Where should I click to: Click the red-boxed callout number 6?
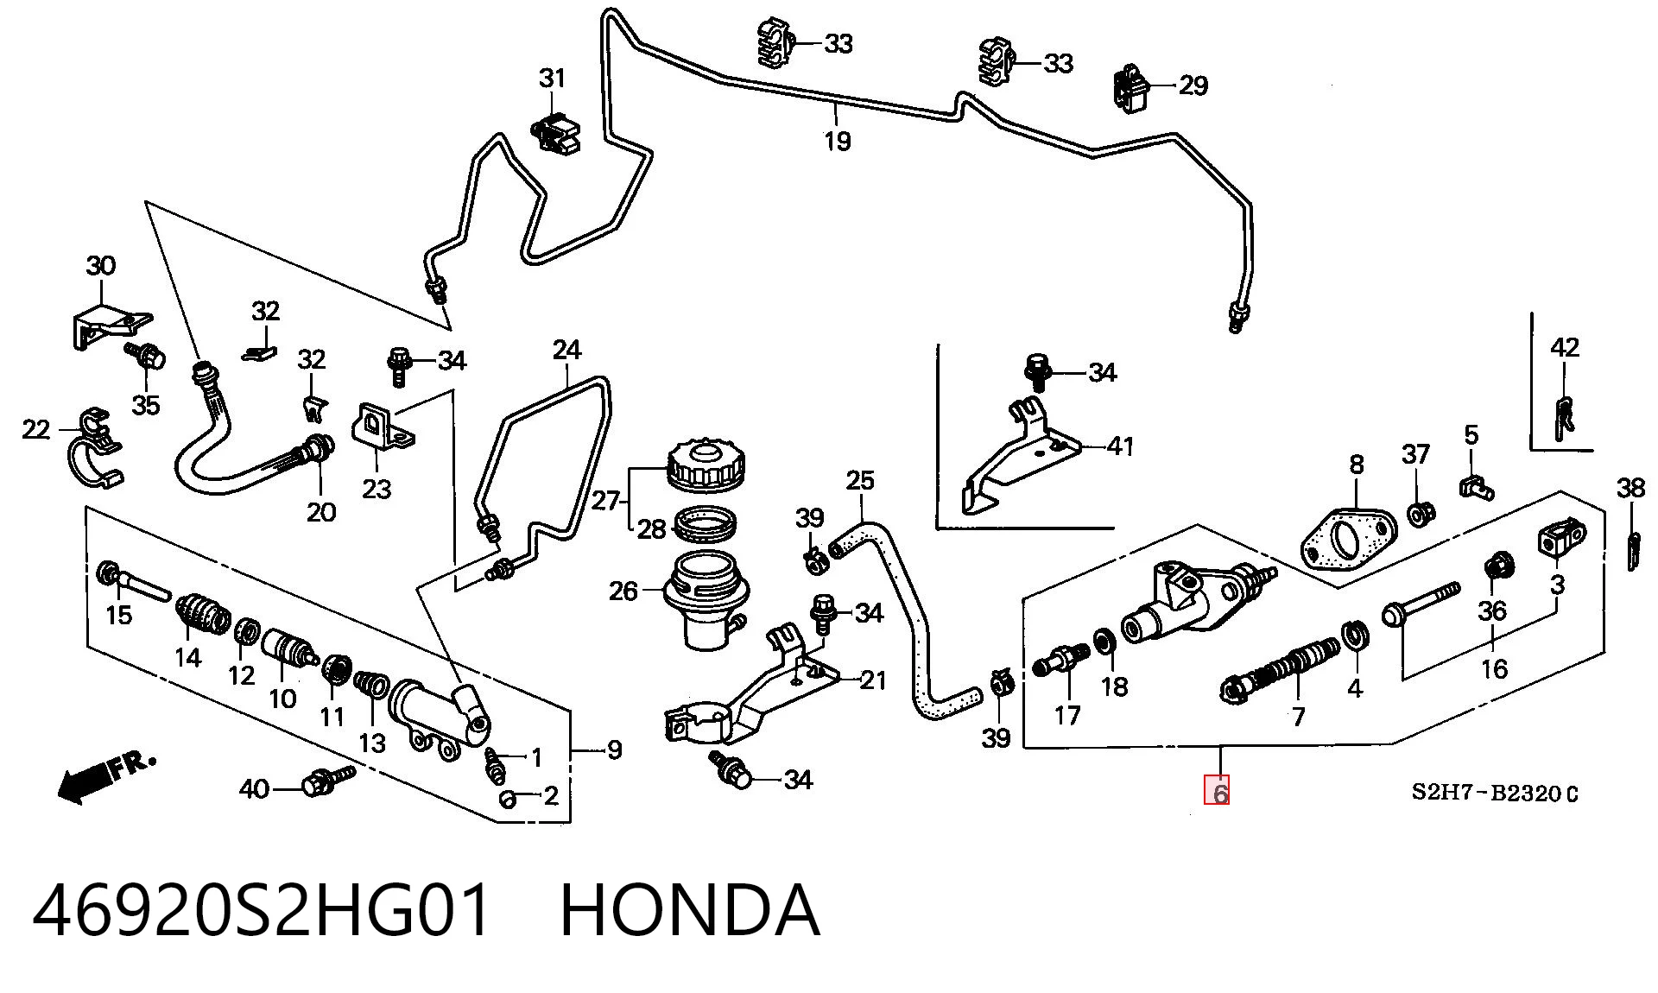pyautogui.click(x=1218, y=791)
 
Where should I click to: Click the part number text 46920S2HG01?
pyautogui.click(x=262, y=910)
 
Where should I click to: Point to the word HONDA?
pyautogui.click(x=689, y=910)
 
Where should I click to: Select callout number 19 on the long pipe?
pyautogui.click(x=837, y=140)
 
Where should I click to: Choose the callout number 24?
pyautogui.click(x=566, y=350)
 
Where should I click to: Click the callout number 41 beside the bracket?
pyautogui.click(x=1119, y=446)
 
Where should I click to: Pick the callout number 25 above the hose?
pyautogui.click(x=859, y=479)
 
